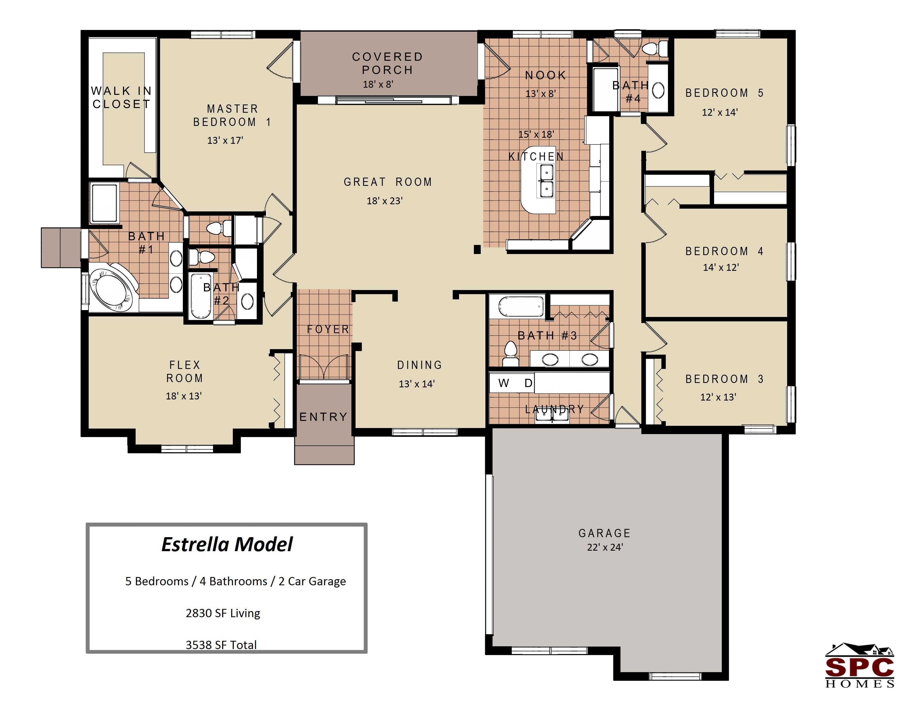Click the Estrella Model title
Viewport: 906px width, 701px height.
(x=227, y=544)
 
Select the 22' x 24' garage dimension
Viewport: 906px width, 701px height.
(x=605, y=547)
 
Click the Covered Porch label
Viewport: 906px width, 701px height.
(x=387, y=63)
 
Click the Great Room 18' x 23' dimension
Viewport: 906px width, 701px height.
(x=385, y=201)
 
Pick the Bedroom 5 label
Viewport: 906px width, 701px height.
(x=724, y=93)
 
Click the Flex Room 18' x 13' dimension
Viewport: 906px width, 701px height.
(x=183, y=396)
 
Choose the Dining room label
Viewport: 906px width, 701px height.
(x=420, y=365)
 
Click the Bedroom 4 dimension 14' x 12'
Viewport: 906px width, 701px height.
(x=721, y=267)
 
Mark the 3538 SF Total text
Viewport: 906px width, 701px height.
(x=221, y=645)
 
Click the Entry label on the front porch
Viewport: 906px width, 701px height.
(x=323, y=416)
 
